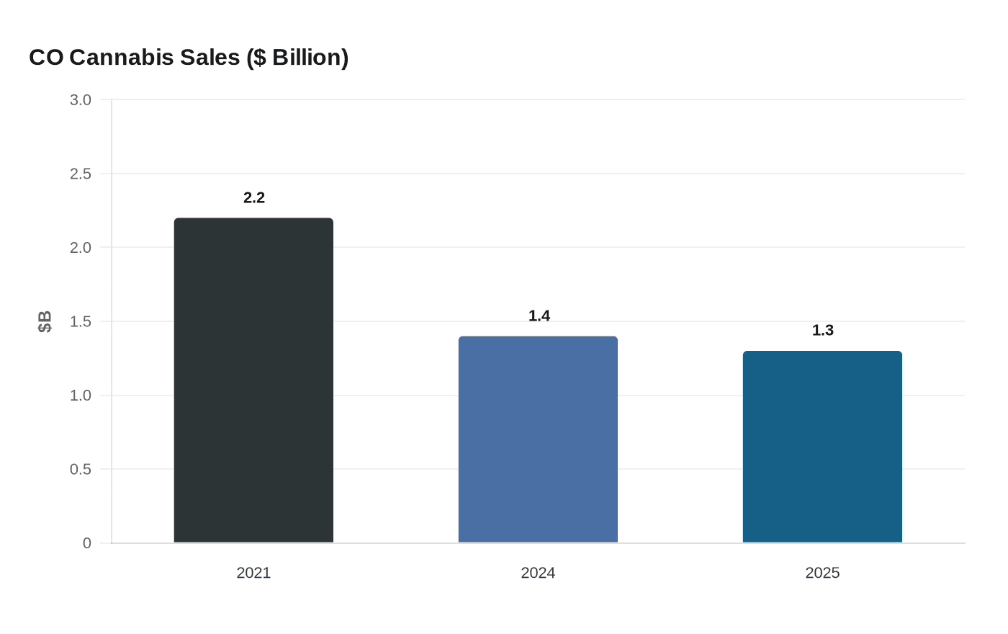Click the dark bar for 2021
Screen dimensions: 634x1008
tap(253, 380)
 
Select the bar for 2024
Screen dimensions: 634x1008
tap(538, 439)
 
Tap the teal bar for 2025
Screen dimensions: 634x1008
tap(822, 447)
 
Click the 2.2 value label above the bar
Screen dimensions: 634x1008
tap(254, 198)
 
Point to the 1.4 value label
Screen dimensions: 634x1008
tap(539, 316)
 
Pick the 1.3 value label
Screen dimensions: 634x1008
tap(823, 331)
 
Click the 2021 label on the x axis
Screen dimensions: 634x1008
tap(253, 573)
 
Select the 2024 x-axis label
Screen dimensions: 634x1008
tap(538, 573)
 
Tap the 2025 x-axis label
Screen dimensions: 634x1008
tap(822, 573)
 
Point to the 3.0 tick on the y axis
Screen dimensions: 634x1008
tap(81, 100)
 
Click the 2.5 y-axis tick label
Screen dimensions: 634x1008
tap(81, 174)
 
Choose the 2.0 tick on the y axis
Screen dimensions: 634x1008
tap(81, 248)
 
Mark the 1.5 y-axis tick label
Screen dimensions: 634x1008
tap(81, 322)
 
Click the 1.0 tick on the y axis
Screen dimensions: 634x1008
tap(81, 396)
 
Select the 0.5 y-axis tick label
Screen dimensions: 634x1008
tap(81, 470)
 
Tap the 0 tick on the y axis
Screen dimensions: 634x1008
tap(87, 543)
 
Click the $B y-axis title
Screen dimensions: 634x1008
tap(45, 321)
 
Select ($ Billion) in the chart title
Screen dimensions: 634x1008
tap(297, 58)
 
